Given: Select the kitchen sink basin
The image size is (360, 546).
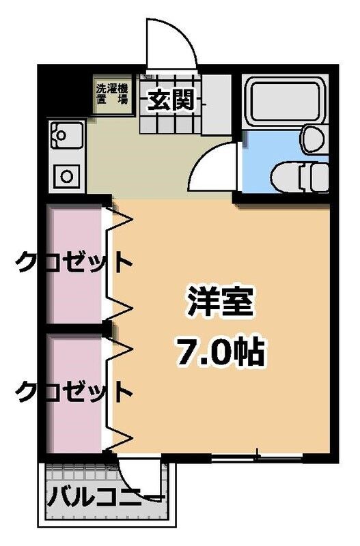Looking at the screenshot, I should point(66,136).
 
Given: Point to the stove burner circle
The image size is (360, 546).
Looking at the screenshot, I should point(66,175).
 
